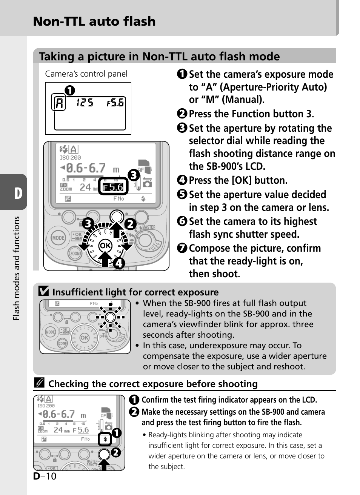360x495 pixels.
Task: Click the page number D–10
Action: [45, 476]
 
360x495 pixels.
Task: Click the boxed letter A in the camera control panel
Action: [58, 102]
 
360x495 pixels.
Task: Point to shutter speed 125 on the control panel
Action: [85, 103]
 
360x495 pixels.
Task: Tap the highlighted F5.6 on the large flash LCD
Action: [113, 188]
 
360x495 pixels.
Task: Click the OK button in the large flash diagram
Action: [105, 246]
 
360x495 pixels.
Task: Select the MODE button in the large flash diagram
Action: [58, 238]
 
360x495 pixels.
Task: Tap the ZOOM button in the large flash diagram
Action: [75, 254]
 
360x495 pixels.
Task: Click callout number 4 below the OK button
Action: [119, 263]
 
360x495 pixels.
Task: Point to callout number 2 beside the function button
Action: [131, 224]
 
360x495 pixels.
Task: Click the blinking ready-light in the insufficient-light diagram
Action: [110, 317]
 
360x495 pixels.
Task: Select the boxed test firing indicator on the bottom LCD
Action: [105, 439]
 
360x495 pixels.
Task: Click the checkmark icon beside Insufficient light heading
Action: [43, 291]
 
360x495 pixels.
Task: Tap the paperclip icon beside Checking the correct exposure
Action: [39, 383]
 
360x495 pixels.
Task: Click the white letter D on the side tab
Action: [18, 193]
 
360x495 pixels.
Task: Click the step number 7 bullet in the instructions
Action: [182, 248]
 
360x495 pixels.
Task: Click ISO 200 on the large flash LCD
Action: [70, 158]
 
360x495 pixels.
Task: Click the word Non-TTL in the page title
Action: [59, 21]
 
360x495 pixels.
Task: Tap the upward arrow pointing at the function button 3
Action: [117, 229]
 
